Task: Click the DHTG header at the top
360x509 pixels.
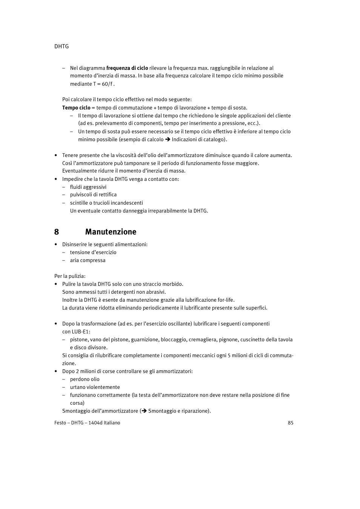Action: click(62, 46)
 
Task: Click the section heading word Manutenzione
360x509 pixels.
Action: click(111, 232)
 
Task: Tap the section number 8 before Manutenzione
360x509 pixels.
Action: click(57, 232)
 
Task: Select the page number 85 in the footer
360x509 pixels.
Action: click(290, 423)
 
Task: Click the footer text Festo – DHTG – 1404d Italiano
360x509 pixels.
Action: click(87, 423)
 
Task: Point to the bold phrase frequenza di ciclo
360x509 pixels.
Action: click(127, 68)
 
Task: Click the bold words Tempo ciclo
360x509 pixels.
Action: click(76, 108)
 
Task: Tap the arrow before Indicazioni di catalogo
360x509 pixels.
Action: click(168, 139)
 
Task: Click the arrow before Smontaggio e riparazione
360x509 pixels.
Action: click(144, 411)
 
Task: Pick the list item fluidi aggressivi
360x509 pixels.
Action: click(88, 187)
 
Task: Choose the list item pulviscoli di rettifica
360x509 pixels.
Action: click(93, 195)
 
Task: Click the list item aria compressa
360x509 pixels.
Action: click(88, 261)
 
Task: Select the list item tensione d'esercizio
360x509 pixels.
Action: click(93, 253)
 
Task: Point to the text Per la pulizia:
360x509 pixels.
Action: click(70, 276)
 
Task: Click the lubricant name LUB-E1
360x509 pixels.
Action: click(81, 332)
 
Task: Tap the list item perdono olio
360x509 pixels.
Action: click(85, 379)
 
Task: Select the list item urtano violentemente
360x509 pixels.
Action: click(95, 387)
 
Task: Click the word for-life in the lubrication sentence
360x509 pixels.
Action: click(226, 300)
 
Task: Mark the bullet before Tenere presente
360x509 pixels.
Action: click(56, 155)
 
